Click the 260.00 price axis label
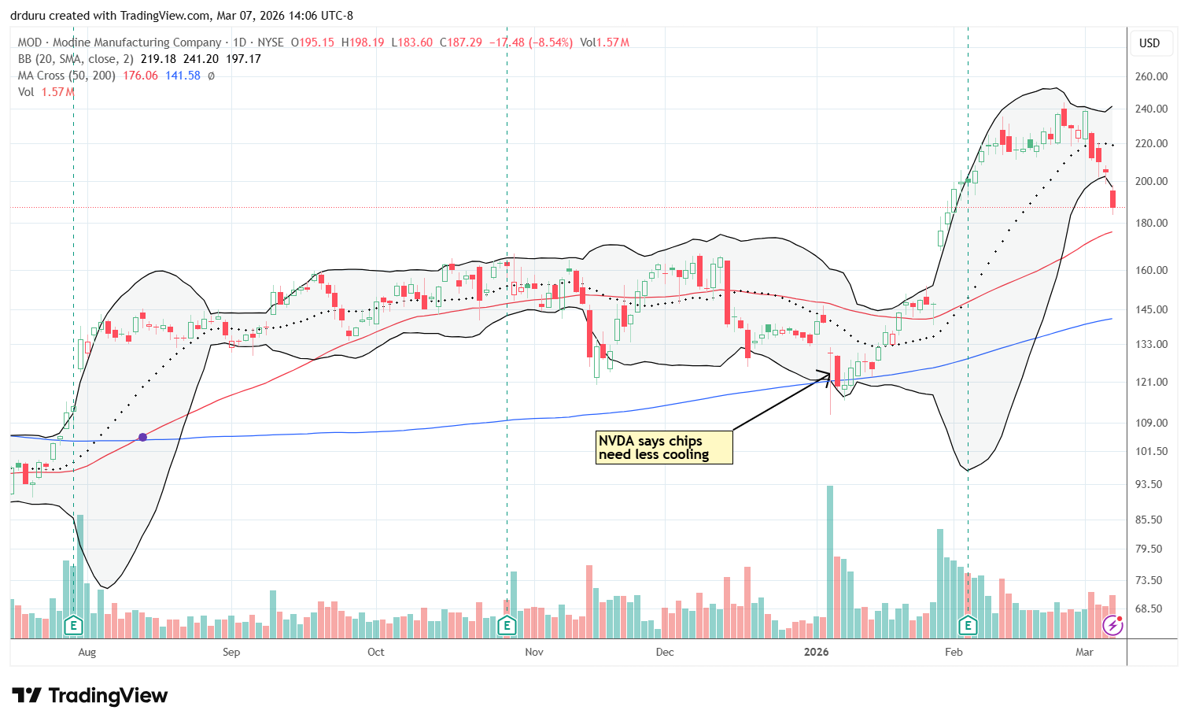1151,77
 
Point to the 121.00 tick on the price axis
1151,382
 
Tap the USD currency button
1149,43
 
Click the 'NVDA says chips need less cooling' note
664,448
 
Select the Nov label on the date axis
534,652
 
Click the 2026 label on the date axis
817,652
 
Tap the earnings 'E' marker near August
73,626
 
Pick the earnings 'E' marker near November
507,626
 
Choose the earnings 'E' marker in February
968,626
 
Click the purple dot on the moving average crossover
142,437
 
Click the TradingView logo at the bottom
90,696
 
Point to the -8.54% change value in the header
550,43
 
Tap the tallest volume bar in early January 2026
829,562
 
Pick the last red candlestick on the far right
1112,199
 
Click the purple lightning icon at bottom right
1112,625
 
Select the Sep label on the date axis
231,652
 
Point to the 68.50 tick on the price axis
1151,608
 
